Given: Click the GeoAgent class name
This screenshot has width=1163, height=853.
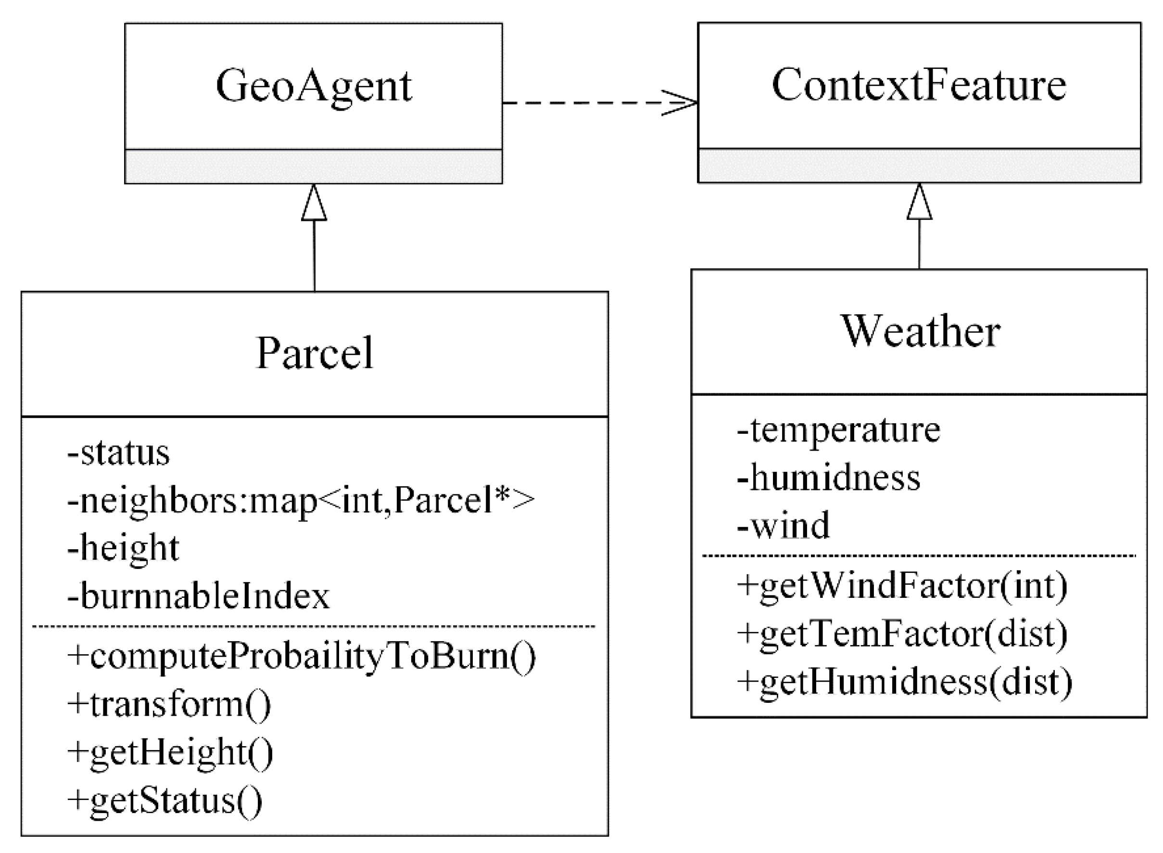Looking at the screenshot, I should click(313, 86).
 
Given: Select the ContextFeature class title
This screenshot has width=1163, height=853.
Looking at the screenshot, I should click(919, 85).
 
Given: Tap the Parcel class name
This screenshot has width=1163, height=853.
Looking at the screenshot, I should click(314, 353).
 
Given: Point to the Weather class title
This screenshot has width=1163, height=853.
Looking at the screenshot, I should click(921, 332).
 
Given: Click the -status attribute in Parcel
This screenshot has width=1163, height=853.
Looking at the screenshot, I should click(118, 453).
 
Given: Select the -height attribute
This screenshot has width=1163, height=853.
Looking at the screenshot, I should click(123, 548).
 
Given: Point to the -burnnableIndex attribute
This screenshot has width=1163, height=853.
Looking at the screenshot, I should click(198, 596).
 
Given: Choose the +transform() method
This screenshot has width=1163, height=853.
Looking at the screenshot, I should click(169, 704).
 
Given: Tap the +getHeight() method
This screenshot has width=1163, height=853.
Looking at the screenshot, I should click(170, 752).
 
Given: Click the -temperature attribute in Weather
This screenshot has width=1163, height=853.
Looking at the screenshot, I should click(838, 430).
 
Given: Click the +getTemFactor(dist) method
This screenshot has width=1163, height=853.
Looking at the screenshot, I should click(902, 634).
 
